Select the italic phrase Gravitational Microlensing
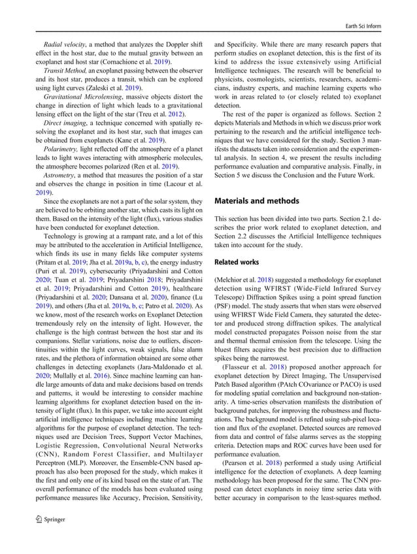click(75, 95)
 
